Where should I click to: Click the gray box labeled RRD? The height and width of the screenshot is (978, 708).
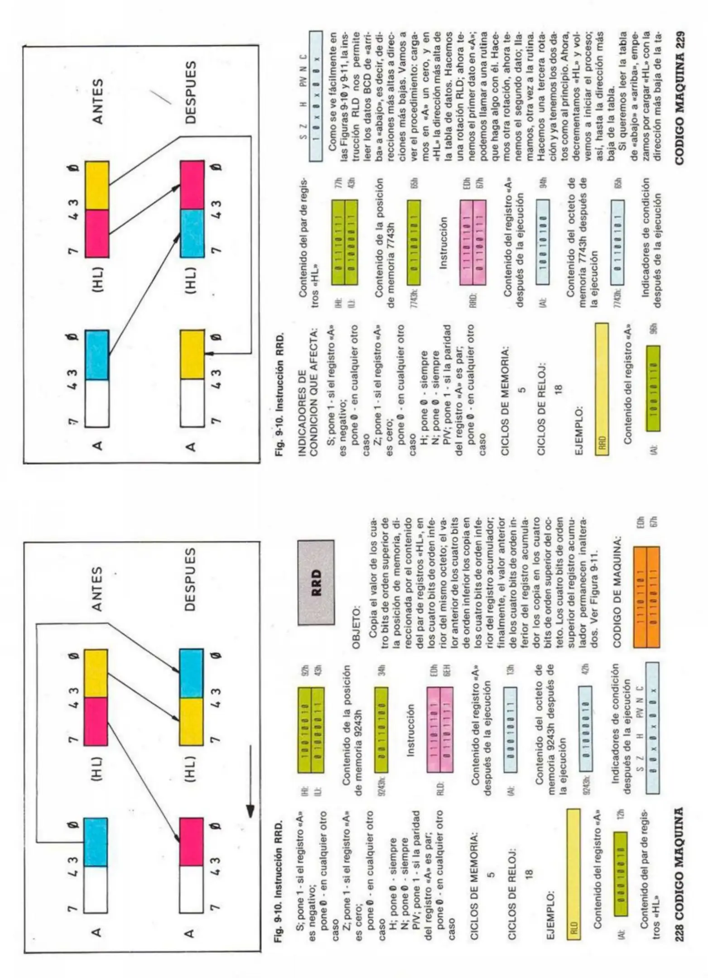[x=316, y=582]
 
